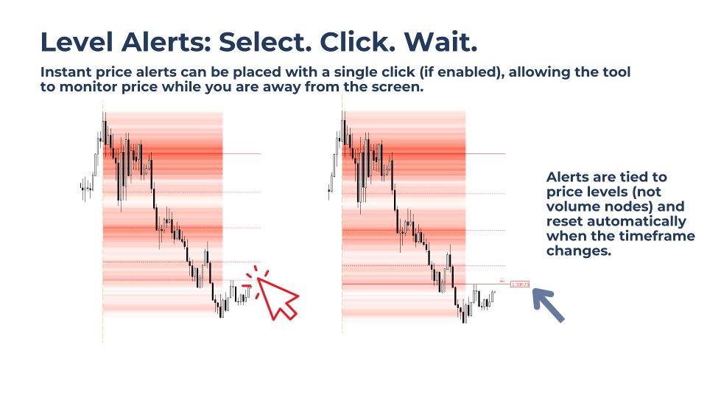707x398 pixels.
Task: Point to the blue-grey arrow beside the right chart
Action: click(548, 305)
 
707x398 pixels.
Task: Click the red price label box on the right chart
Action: click(520, 284)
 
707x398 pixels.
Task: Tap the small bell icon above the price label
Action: click(502, 279)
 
